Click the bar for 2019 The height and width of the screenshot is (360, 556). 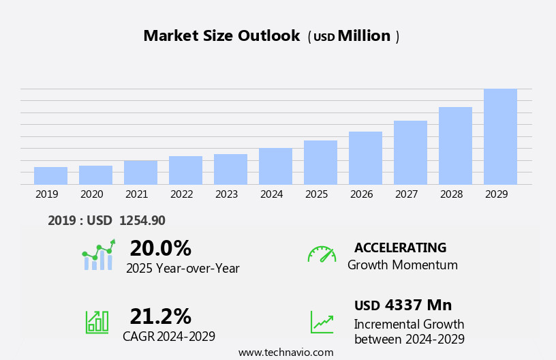tap(50, 176)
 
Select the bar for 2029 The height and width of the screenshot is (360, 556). tap(500, 137)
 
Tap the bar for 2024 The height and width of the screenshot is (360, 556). tap(275, 166)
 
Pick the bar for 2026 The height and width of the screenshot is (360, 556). tap(365, 158)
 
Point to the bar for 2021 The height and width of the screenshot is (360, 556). tap(140, 172)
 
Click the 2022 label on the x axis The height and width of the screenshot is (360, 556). tap(181, 194)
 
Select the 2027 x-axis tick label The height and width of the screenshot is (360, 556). tap(406, 194)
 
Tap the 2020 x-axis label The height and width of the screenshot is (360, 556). tap(91, 194)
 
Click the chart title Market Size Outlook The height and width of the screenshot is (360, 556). tap(221, 36)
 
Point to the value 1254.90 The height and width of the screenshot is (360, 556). tap(142, 220)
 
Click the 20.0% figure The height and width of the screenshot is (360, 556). tap(160, 248)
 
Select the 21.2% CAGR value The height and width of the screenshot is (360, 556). tap(160, 316)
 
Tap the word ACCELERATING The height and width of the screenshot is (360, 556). tap(400, 247)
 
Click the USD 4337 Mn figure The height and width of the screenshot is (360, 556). tap(403, 305)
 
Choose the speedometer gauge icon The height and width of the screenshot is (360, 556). tap(322, 254)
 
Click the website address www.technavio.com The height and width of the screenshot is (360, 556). tap(285, 352)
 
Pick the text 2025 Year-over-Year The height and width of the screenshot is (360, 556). tap(183, 269)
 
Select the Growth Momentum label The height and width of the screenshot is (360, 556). tap(402, 265)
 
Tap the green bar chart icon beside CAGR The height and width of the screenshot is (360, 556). tap(97, 321)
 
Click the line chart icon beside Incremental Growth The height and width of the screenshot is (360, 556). tap(322, 322)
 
